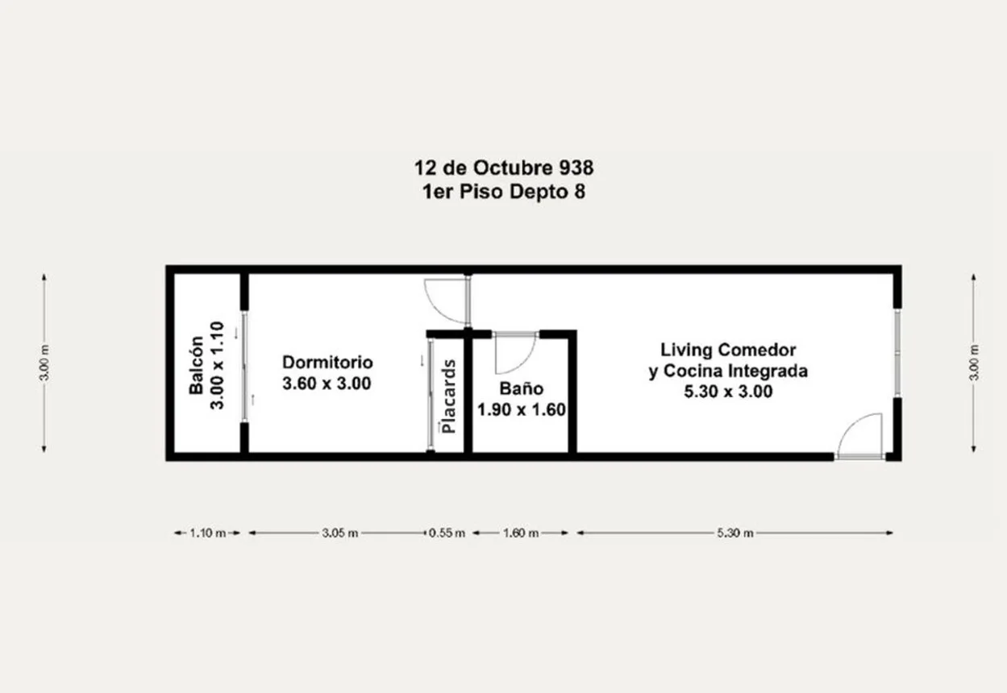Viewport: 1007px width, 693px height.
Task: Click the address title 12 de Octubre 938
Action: [503, 168]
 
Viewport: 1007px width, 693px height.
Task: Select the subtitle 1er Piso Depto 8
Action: [503, 192]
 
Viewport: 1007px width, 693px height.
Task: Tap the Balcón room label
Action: [197, 365]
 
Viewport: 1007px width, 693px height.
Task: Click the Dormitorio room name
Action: [327, 363]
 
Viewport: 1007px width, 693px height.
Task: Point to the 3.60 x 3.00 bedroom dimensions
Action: [327, 384]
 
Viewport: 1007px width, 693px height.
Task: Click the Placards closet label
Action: [449, 396]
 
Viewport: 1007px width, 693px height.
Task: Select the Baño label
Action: [522, 388]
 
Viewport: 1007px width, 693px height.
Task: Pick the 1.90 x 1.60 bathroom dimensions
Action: [522, 410]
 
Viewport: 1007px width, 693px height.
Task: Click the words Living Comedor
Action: [728, 350]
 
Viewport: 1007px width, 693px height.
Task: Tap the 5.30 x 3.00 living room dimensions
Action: [728, 392]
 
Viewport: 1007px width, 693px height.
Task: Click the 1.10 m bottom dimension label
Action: [208, 533]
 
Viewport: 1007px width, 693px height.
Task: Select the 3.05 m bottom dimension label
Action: [340, 533]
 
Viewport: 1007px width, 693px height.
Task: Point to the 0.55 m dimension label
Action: [447, 533]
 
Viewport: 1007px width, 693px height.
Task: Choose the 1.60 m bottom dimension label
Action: [521, 533]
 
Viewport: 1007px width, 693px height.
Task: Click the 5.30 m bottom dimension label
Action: [735, 533]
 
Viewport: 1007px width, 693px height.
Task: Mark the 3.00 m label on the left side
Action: [44, 363]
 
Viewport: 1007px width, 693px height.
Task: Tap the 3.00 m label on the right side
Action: [974, 363]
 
